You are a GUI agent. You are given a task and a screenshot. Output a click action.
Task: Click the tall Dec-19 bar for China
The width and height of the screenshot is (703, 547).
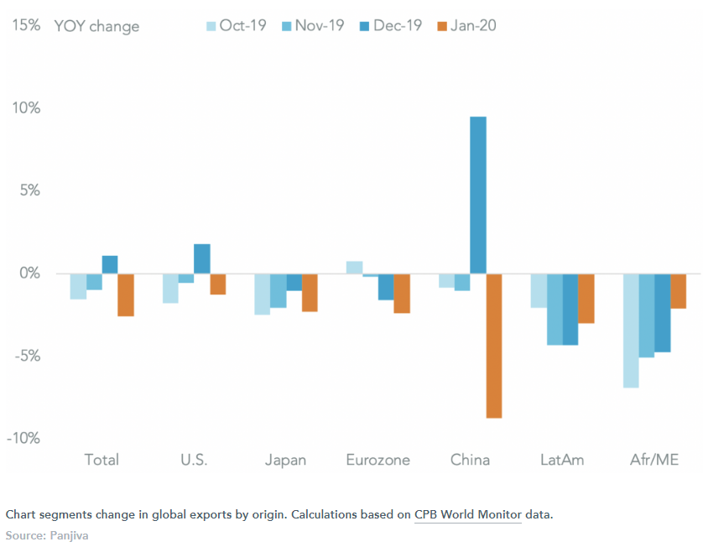tap(478, 195)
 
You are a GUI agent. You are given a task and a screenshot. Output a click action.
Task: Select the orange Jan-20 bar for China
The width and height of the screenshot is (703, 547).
tap(494, 346)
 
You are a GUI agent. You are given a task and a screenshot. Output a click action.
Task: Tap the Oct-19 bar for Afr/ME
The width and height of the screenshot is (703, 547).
tap(631, 331)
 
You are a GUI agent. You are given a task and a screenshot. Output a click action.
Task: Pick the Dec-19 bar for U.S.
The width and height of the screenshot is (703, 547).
tap(201, 258)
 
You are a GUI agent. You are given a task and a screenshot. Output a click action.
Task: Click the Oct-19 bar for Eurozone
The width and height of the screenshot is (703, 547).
tap(354, 268)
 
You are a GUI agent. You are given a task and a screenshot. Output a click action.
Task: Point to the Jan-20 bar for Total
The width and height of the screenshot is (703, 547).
tap(126, 294)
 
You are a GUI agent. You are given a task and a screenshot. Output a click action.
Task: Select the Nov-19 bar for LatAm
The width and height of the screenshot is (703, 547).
tap(555, 309)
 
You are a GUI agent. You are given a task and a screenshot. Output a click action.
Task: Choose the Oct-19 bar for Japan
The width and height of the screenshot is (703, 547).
tap(262, 294)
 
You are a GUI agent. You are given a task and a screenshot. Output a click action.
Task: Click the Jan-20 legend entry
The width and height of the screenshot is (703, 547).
tap(466, 26)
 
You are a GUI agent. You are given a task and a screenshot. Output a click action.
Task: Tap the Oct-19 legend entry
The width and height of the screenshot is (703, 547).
tap(236, 26)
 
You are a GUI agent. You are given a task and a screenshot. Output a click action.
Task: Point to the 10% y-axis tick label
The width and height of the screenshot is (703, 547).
tap(25, 108)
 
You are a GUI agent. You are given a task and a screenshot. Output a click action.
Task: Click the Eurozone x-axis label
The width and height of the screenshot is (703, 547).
tap(378, 460)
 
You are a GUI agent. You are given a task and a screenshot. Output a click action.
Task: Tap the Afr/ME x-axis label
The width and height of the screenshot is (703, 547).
tap(654, 460)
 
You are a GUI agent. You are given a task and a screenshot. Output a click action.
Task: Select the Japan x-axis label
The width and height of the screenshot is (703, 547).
tap(285, 460)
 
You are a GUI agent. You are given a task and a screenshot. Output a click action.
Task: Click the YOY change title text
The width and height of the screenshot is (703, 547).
tap(96, 26)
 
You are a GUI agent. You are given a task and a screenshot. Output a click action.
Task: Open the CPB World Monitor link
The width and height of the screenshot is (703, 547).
tap(467, 513)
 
